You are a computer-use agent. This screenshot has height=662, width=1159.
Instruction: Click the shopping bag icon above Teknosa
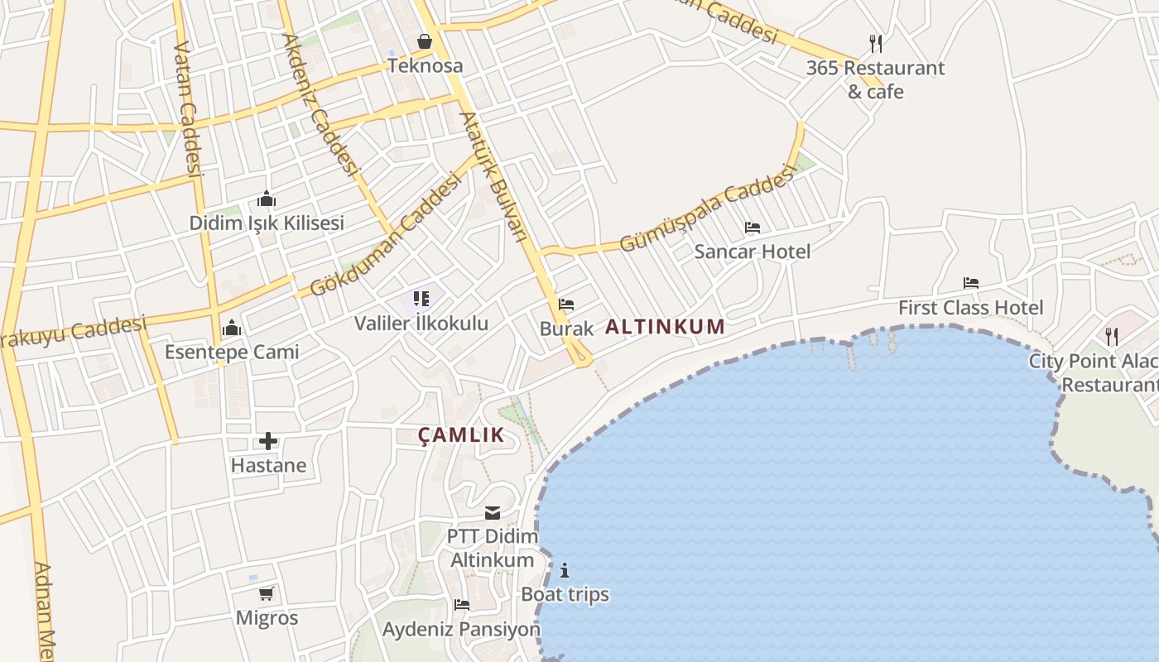[425, 41]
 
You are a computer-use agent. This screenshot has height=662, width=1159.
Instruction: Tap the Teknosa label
[425, 65]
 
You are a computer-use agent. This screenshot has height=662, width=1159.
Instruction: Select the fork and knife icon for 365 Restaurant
[876, 43]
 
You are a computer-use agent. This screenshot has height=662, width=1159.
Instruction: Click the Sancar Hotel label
[752, 251]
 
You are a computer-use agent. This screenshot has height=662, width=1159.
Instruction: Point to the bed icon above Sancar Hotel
[752, 227]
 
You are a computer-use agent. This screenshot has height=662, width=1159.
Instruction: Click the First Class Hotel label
[971, 308]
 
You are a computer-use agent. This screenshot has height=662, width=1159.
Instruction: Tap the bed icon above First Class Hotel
[971, 283]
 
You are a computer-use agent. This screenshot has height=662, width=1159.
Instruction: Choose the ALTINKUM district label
[665, 327]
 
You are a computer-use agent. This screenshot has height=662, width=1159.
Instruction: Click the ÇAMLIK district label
[461, 435]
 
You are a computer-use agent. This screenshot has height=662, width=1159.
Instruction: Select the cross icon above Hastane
[267, 441]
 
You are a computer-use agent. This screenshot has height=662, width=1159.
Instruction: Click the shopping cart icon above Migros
[267, 593]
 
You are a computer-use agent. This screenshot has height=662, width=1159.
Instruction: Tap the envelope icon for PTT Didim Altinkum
[493, 513]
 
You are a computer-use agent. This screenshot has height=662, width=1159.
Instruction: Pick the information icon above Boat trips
[565, 570]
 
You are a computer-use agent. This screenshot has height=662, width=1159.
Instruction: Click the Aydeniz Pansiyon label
[461, 630]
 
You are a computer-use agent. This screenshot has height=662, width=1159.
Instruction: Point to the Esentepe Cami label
[232, 352]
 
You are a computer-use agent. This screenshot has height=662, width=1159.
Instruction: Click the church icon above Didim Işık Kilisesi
[267, 199]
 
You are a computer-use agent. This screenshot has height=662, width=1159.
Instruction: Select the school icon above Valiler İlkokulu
[421, 299]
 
